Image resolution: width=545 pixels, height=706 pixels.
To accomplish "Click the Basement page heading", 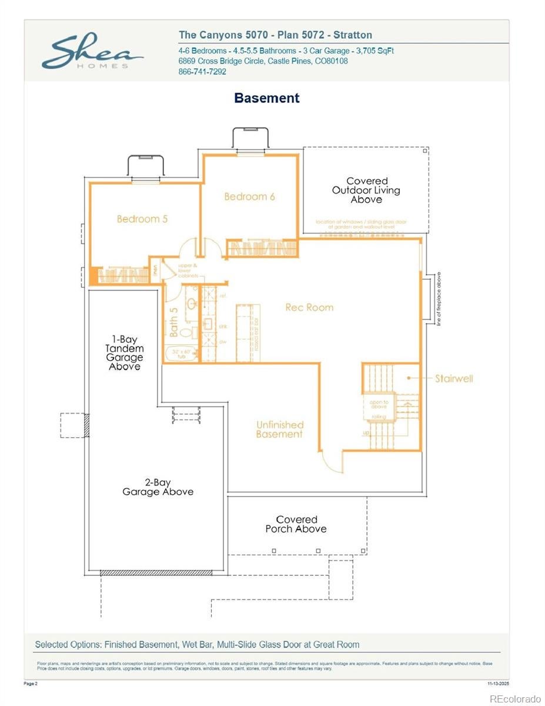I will click(266, 98).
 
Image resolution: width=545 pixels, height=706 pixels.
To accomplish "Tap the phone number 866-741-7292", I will click(202, 72).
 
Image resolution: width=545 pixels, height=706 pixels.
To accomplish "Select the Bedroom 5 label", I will click(142, 219).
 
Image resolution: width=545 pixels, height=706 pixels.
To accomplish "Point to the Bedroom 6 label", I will click(249, 197).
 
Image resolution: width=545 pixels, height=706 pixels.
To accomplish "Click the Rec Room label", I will click(309, 307).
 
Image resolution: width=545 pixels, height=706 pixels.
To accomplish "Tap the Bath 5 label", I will click(173, 322).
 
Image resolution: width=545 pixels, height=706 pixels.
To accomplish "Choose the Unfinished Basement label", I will click(280, 429).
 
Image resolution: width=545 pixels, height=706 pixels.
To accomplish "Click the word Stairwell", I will click(453, 378).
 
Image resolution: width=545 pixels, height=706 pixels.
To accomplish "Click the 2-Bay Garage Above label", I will click(158, 487).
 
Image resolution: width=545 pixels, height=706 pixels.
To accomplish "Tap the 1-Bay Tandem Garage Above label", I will click(124, 353).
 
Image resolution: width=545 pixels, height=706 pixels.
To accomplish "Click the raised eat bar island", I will click(248, 332).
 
